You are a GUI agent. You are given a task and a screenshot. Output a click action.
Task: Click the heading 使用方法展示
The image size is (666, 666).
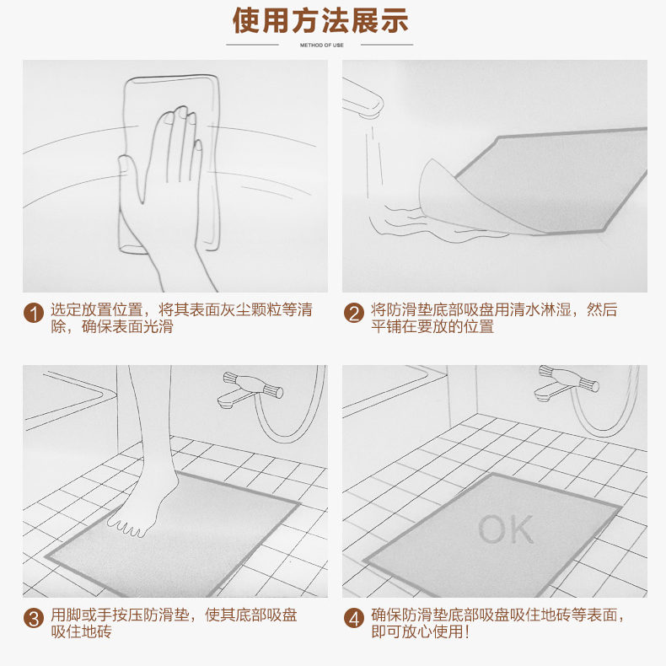click(x=320, y=20)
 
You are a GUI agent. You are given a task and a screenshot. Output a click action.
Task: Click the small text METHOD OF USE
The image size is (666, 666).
click(x=321, y=45)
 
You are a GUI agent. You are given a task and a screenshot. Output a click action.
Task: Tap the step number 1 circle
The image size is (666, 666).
click(x=34, y=313)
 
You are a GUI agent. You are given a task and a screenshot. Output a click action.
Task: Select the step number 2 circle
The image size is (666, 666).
click(x=354, y=313)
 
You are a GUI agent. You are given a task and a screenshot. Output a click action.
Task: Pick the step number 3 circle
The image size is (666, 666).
click(x=34, y=618)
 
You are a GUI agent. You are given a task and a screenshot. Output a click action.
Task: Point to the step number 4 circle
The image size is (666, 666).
click(x=354, y=618)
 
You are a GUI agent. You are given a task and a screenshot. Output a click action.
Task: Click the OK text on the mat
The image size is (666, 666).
click(x=506, y=529)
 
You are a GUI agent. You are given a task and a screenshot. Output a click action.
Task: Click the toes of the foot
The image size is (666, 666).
click(x=128, y=528)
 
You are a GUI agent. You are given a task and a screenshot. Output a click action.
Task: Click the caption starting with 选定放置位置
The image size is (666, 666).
click(x=181, y=318)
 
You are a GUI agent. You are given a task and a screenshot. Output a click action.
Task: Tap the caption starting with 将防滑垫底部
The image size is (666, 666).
click(x=494, y=318)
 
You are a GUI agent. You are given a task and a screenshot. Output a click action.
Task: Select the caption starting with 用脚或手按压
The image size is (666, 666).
click(x=174, y=623)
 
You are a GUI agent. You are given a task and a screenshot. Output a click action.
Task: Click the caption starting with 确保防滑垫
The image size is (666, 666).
click(x=497, y=623)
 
